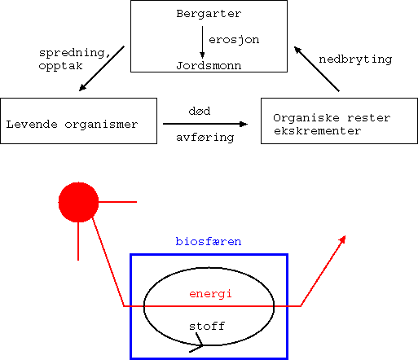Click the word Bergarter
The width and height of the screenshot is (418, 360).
pos(209,14)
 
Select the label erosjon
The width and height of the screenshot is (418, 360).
pos(234,40)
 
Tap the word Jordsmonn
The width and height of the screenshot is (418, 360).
pos(209,66)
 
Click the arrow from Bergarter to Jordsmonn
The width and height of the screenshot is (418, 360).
pos(202,42)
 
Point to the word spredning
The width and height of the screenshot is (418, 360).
pos(75,53)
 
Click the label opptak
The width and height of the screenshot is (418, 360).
pos(60,66)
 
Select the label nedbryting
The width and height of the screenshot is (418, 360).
pos(355,59)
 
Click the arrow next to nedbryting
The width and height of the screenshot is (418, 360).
pos(317,69)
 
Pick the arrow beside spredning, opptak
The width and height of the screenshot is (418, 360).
pos(102,68)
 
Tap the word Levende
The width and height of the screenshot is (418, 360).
pos(32,125)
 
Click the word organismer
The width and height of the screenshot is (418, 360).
pos(101,125)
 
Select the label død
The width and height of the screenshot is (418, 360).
pos(200,111)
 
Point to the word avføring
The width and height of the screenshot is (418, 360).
pos(205,138)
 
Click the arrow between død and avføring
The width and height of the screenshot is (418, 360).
pos(205,124)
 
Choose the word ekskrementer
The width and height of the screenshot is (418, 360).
pos(318,131)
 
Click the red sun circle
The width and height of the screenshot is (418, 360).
pos(78,202)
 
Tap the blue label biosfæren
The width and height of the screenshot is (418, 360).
pos(209,241)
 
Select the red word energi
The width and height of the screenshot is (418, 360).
pos(210,294)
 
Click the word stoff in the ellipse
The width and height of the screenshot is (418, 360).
pos(207,326)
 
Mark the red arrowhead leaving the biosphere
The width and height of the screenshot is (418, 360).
pos(342,239)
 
